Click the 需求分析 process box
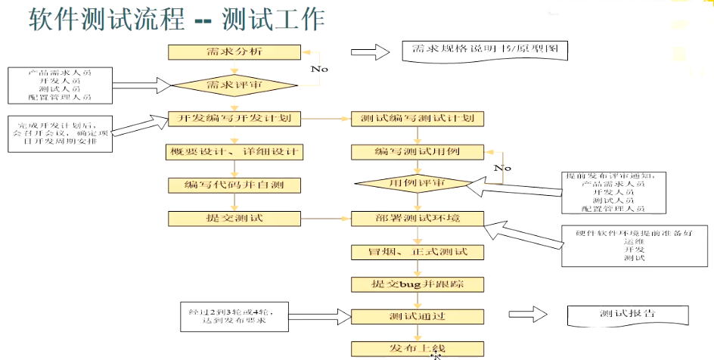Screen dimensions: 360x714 point(234,52)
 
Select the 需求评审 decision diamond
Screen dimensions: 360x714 point(234,85)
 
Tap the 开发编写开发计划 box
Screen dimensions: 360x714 point(234,119)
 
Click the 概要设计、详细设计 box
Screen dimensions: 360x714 point(234,152)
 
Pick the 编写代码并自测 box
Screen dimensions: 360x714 point(234,185)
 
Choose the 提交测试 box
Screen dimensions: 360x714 point(234,219)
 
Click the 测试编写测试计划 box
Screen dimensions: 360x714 point(418,119)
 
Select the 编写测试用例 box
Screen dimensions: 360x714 point(418,152)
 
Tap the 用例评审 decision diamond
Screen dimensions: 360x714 point(417,184)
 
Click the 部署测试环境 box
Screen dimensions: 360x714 point(418,219)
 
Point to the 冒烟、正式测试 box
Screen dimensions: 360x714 point(418,252)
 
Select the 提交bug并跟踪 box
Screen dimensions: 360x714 point(418,284)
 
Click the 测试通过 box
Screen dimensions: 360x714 point(418,316)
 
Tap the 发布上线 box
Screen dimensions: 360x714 point(418,349)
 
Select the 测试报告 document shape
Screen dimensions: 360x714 point(627,315)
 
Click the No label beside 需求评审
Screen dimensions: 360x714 point(319,69)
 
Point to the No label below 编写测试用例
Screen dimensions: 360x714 point(502,168)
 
